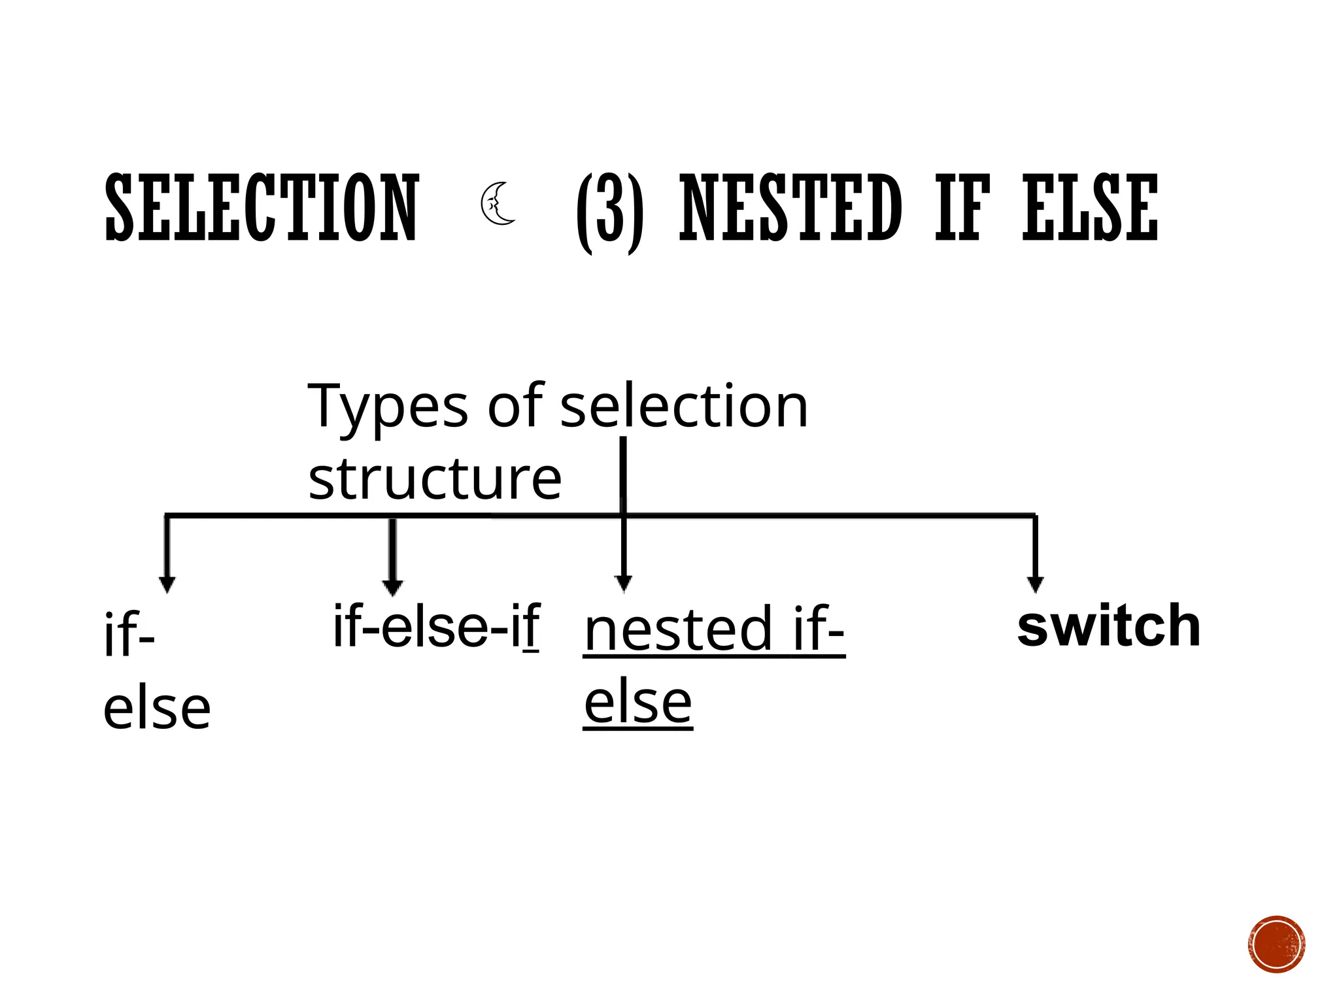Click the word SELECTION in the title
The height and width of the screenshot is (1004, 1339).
click(x=262, y=208)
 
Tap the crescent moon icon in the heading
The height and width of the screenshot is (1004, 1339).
click(x=498, y=205)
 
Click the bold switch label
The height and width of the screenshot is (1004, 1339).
click(x=1109, y=626)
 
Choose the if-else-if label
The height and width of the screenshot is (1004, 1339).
click(x=436, y=626)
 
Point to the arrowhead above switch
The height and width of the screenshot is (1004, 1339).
click(x=1035, y=584)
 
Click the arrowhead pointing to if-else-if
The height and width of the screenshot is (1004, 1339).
click(x=392, y=587)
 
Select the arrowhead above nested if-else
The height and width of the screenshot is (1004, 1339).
click(x=624, y=583)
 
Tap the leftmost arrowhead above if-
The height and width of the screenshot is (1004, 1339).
click(x=167, y=584)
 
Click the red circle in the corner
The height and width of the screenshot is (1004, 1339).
click(x=1276, y=944)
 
